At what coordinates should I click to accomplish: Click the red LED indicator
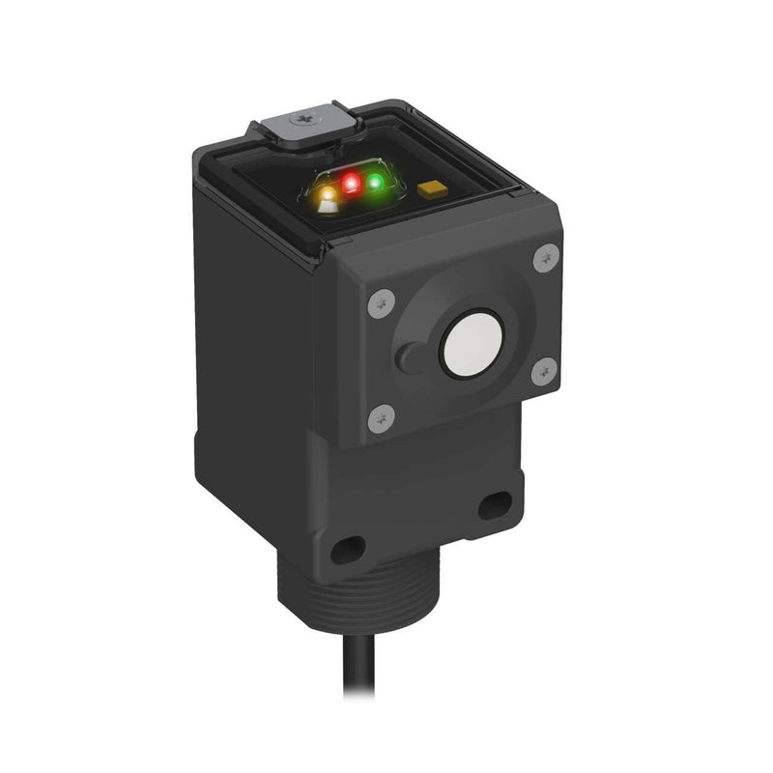point(352,183)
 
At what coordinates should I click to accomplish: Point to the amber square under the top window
point(432,188)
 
